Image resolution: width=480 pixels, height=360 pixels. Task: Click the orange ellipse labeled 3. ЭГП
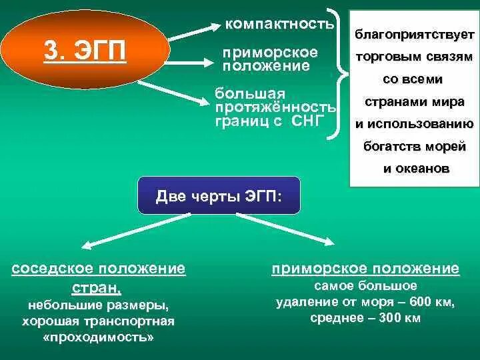pos(85,51)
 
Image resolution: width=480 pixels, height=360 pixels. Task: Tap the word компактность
pos(279,25)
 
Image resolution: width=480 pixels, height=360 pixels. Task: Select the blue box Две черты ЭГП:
pos(219,196)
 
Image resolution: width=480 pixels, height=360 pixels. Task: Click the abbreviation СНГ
pos(308,121)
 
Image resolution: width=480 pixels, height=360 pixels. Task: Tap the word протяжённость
pos(275,107)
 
